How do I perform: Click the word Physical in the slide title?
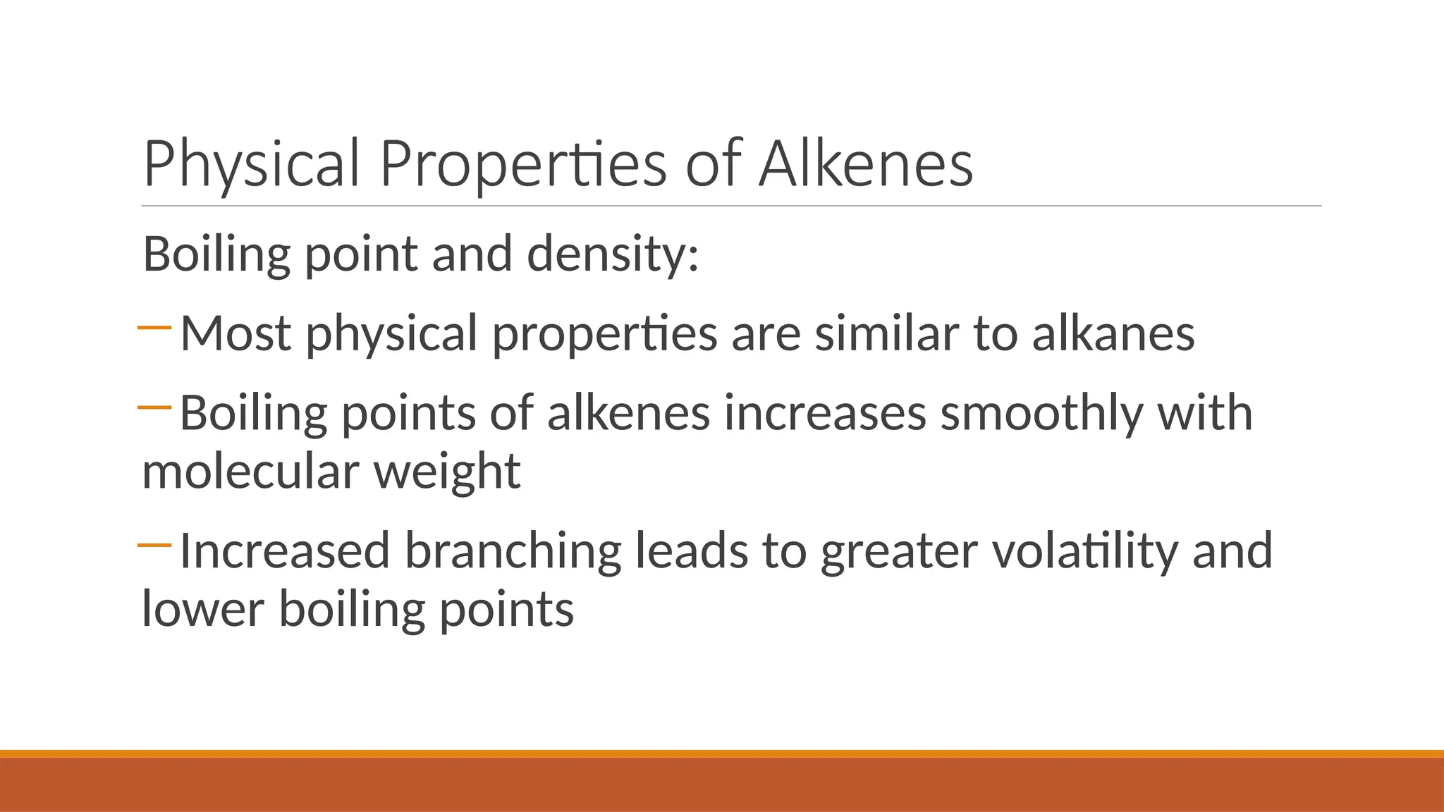coord(252,164)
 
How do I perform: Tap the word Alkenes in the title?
coord(866,164)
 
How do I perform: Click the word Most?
coord(235,333)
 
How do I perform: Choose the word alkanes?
coord(1113,333)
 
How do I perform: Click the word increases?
coord(825,413)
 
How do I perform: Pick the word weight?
coord(447,471)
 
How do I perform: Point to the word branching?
coord(513,551)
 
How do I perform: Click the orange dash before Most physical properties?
coord(155,328)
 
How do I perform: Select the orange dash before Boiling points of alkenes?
coord(155,407)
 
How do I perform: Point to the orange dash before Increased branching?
coord(155,545)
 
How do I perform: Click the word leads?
coord(692,551)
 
